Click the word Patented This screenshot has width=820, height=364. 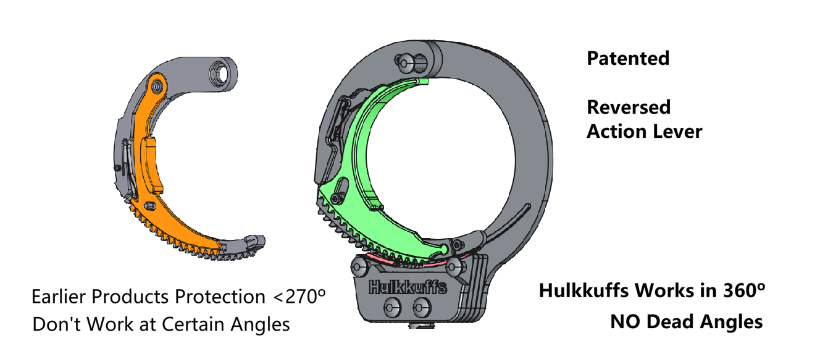(627, 59)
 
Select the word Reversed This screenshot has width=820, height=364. (628, 107)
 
